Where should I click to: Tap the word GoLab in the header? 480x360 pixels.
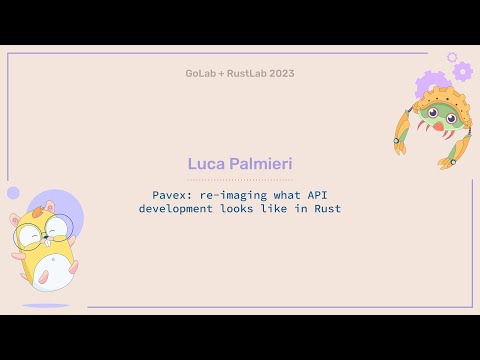click(x=201, y=73)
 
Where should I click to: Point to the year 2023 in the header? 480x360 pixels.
click(x=282, y=73)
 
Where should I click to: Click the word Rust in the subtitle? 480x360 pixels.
click(x=327, y=209)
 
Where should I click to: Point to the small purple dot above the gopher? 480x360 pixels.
click(x=13, y=192)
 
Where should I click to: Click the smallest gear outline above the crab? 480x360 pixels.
click(x=452, y=58)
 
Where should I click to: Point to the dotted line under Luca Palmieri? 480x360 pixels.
click(x=240, y=179)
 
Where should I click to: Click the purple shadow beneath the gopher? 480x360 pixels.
click(x=46, y=305)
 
